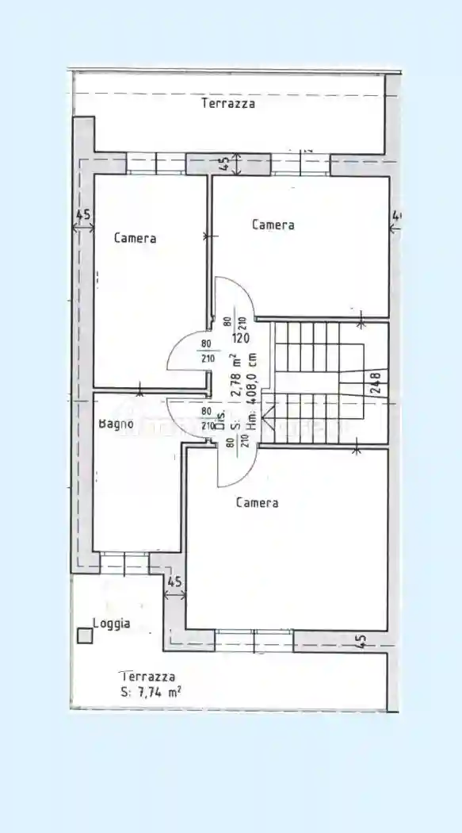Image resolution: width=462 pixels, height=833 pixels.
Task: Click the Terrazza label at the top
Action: pyautogui.click(x=228, y=103)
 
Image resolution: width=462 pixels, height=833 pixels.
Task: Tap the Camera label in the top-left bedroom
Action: pyautogui.click(x=135, y=238)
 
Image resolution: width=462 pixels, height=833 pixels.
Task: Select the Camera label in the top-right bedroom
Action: pyautogui.click(x=273, y=225)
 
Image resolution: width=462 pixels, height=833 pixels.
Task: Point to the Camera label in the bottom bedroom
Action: pyautogui.click(x=257, y=502)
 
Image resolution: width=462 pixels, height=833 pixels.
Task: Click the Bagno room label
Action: pyautogui.click(x=116, y=424)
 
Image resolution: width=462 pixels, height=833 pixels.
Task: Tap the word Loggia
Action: pyautogui.click(x=112, y=624)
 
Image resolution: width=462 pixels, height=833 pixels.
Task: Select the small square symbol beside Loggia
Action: pyautogui.click(x=84, y=635)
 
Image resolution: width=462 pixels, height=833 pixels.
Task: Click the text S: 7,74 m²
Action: pyautogui.click(x=146, y=692)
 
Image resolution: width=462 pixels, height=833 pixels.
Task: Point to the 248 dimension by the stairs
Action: pyautogui.click(x=376, y=384)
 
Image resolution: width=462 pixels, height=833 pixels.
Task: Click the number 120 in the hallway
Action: pyautogui.click(x=241, y=337)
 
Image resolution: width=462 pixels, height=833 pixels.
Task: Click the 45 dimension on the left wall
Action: pyautogui.click(x=82, y=215)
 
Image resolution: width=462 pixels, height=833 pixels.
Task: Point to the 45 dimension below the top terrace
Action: pyautogui.click(x=224, y=163)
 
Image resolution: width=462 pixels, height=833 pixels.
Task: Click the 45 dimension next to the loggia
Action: pyautogui.click(x=175, y=582)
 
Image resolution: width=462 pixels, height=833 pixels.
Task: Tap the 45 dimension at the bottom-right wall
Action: pyautogui.click(x=361, y=640)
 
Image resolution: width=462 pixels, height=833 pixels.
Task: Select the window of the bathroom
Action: pyautogui.click(x=124, y=562)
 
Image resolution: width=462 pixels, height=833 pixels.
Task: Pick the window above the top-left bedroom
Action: pyautogui.click(x=156, y=163)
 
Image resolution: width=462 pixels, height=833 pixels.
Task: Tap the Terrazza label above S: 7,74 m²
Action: pyautogui.click(x=147, y=677)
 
